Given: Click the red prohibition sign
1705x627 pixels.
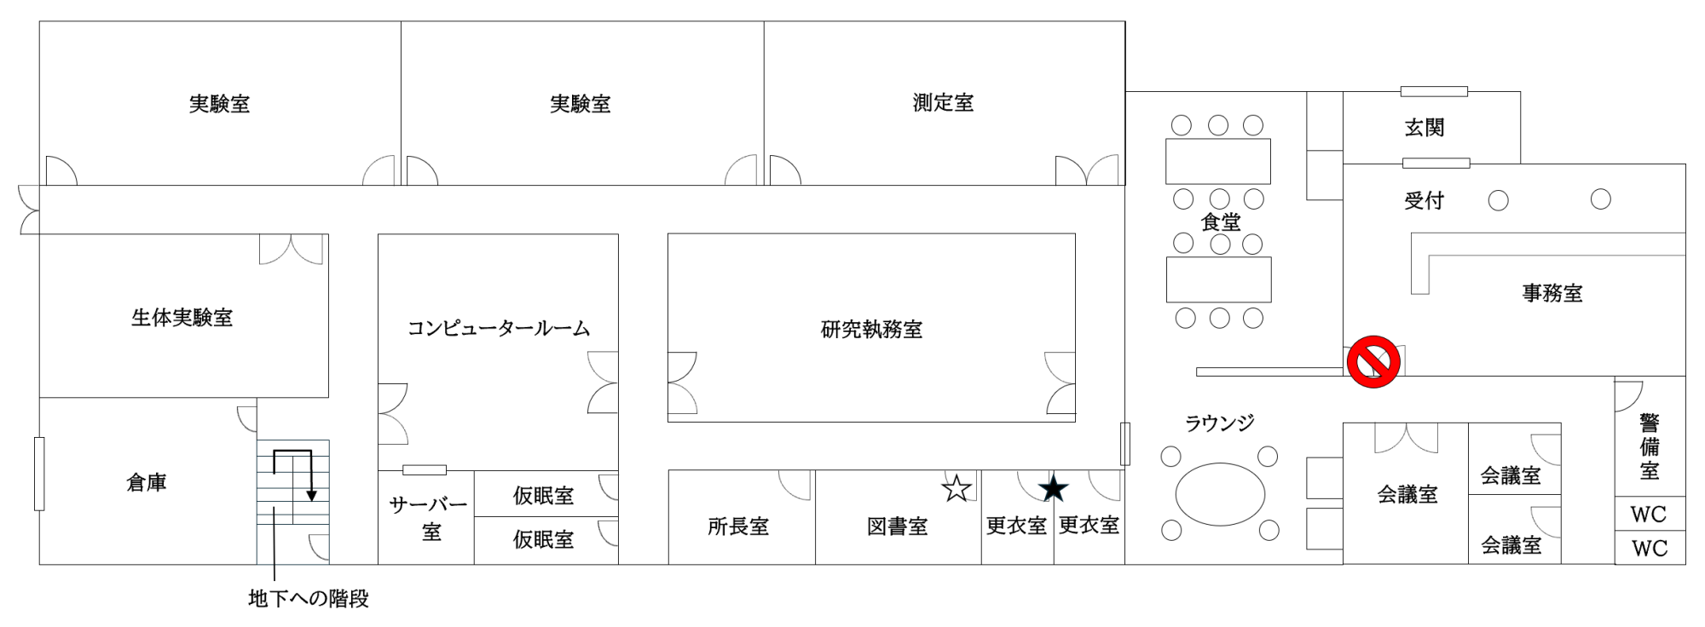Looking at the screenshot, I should [x=1373, y=362].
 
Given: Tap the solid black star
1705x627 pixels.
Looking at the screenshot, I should [x=1054, y=489].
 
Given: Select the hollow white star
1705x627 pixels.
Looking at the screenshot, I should [x=957, y=489].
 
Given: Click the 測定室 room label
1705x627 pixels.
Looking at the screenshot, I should [x=943, y=103].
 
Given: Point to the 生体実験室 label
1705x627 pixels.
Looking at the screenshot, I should [x=182, y=318].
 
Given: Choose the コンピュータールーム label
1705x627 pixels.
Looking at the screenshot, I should [x=498, y=328].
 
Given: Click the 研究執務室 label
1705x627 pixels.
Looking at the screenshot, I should [x=871, y=330].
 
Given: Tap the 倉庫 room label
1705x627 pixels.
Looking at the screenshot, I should [x=146, y=483].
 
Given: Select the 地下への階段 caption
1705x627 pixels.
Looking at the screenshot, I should [x=308, y=599].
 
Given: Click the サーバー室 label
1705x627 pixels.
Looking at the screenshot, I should [x=428, y=519].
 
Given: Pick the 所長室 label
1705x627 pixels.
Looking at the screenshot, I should [x=738, y=526].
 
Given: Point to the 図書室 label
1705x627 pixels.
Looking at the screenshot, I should [x=897, y=526].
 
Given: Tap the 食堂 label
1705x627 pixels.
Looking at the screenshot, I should [x=1220, y=222].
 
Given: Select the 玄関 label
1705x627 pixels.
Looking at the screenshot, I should [x=1424, y=128].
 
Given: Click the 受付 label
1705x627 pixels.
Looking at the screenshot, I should [x=1424, y=201].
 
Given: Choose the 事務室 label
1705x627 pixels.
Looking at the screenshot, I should [x=1552, y=293].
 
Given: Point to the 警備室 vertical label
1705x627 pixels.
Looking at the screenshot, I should [x=1649, y=446].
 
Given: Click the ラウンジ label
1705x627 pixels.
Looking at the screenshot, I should [x=1219, y=423].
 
